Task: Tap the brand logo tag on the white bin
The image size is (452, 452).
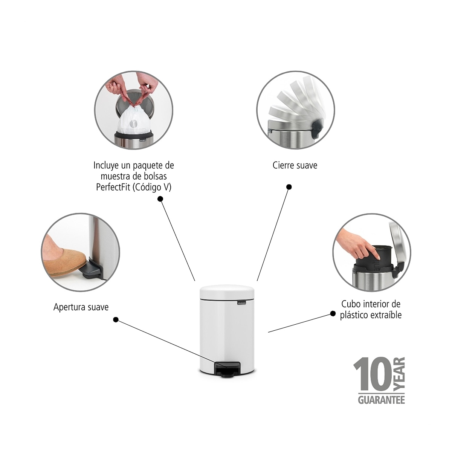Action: tap(242, 303)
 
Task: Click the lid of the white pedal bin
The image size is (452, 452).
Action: tap(227, 292)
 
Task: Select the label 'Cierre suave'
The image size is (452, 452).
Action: tap(295, 165)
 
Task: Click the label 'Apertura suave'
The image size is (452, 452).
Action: tap(81, 307)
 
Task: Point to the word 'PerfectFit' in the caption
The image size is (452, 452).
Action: tap(113, 187)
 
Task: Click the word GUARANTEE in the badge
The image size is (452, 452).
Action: tap(382, 400)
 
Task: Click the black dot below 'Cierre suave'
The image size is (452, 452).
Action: tap(289, 187)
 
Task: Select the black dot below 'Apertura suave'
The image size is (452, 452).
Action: tap(116, 320)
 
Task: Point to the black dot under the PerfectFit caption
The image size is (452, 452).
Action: tap(160, 199)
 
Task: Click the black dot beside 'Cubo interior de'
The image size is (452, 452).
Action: tap(333, 314)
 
